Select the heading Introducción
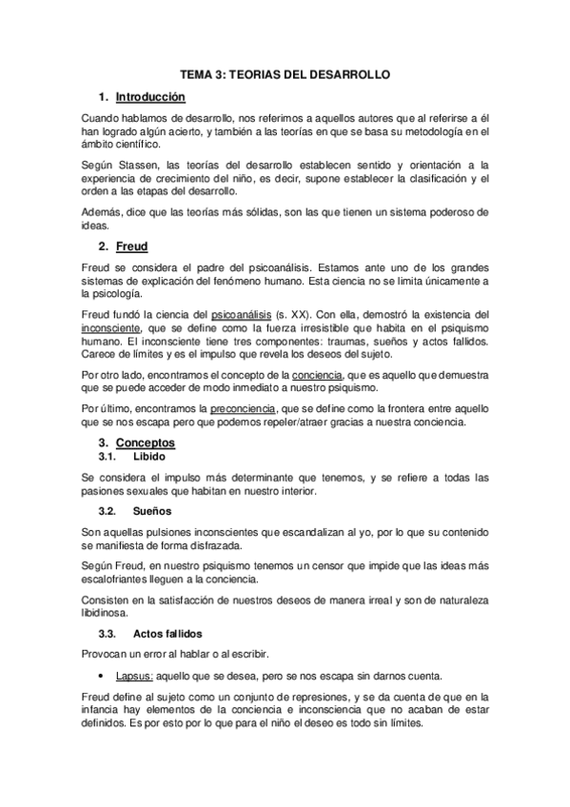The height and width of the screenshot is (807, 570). tap(149, 97)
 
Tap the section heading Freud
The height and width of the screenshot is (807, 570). tap(131, 246)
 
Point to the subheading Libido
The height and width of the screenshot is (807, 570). tap(149, 457)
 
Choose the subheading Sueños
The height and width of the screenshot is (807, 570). tap(151, 511)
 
